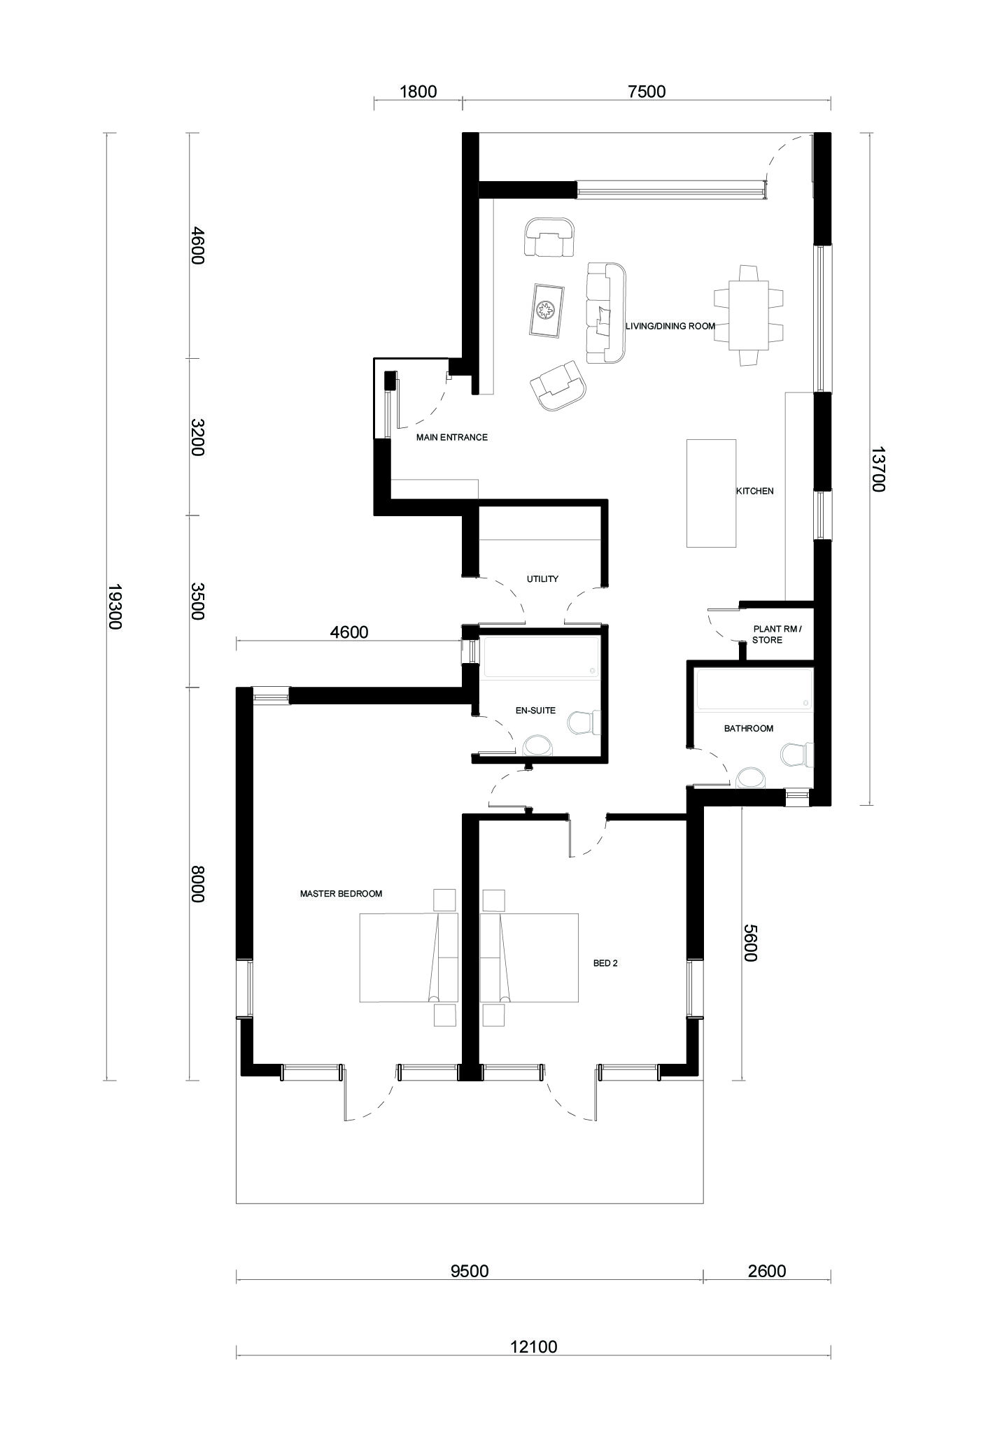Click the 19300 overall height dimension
click(x=115, y=606)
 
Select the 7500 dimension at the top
click(x=647, y=91)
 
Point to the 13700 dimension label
click(x=878, y=469)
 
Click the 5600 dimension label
click(x=749, y=943)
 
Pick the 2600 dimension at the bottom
click(x=767, y=1270)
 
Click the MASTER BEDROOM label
click(x=341, y=894)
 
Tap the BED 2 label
click(x=605, y=963)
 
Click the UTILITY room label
click(x=542, y=579)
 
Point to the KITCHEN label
click(x=754, y=491)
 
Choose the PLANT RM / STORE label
click(x=777, y=634)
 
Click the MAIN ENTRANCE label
click(x=451, y=438)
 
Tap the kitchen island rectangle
click(x=711, y=493)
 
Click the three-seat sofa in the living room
click(x=605, y=313)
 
